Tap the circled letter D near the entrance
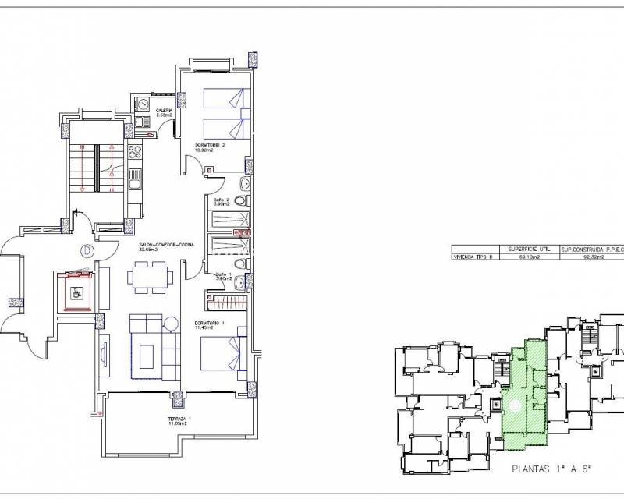click(87, 251)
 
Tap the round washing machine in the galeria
click(144, 104)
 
